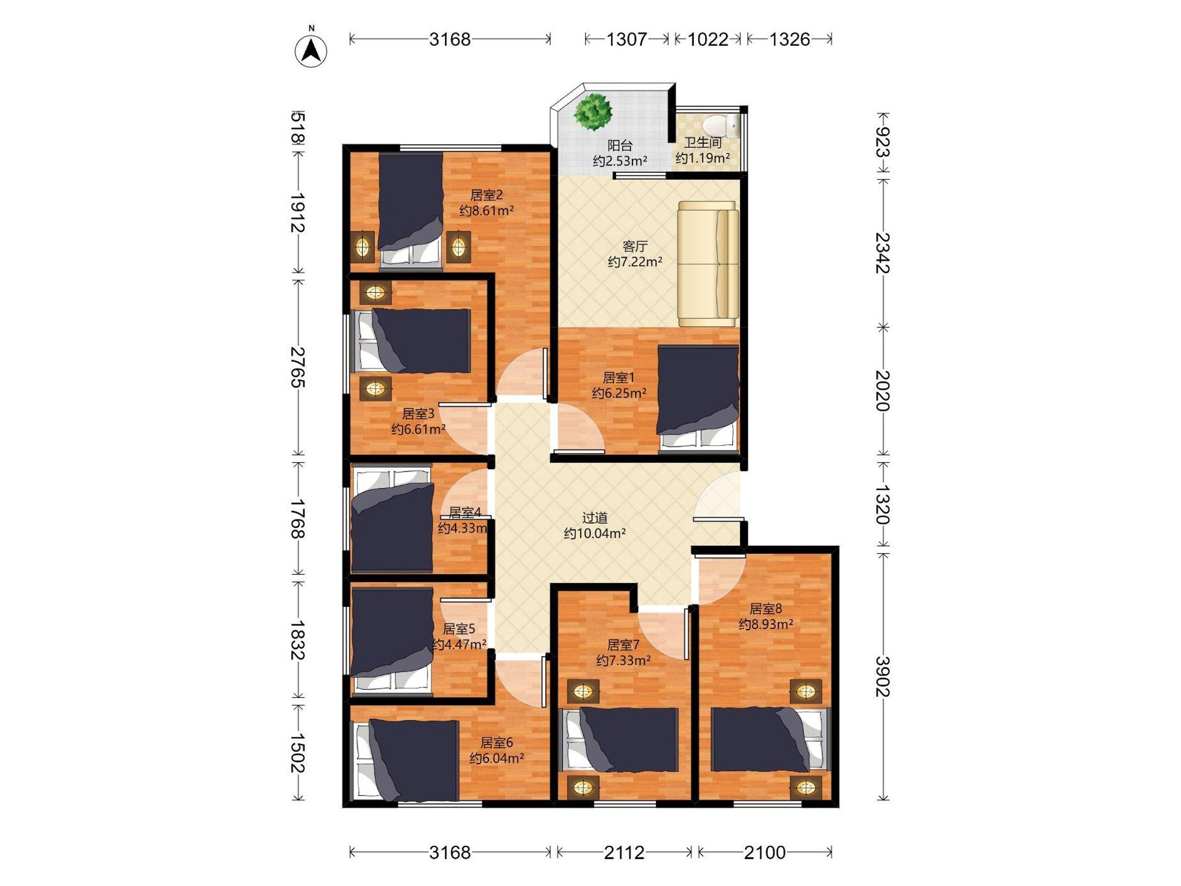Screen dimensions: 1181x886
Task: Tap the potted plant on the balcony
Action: [592, 111]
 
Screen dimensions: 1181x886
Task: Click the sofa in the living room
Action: [708, 264]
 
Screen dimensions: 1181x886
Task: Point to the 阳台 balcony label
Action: [620, 145]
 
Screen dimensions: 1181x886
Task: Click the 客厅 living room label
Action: [635, 246]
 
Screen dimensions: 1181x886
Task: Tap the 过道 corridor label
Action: [595, 517]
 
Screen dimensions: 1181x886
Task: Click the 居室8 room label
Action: [766, 608]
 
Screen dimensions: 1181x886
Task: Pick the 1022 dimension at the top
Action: [708, 39]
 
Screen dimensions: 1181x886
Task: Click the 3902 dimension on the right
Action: [882, 676]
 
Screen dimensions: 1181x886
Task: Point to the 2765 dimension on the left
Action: [297, 367]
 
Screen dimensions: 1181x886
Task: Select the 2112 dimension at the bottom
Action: [624, 853]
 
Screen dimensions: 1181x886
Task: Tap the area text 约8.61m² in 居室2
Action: [486, 210]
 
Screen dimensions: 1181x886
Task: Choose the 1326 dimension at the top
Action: [790, 39]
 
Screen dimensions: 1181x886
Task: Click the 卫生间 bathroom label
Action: [703, 143]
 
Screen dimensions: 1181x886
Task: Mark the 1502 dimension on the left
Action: [297, 754]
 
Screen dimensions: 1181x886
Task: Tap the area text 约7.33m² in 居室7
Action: [623, 661]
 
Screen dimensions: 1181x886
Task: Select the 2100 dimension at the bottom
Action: [765, 853]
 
